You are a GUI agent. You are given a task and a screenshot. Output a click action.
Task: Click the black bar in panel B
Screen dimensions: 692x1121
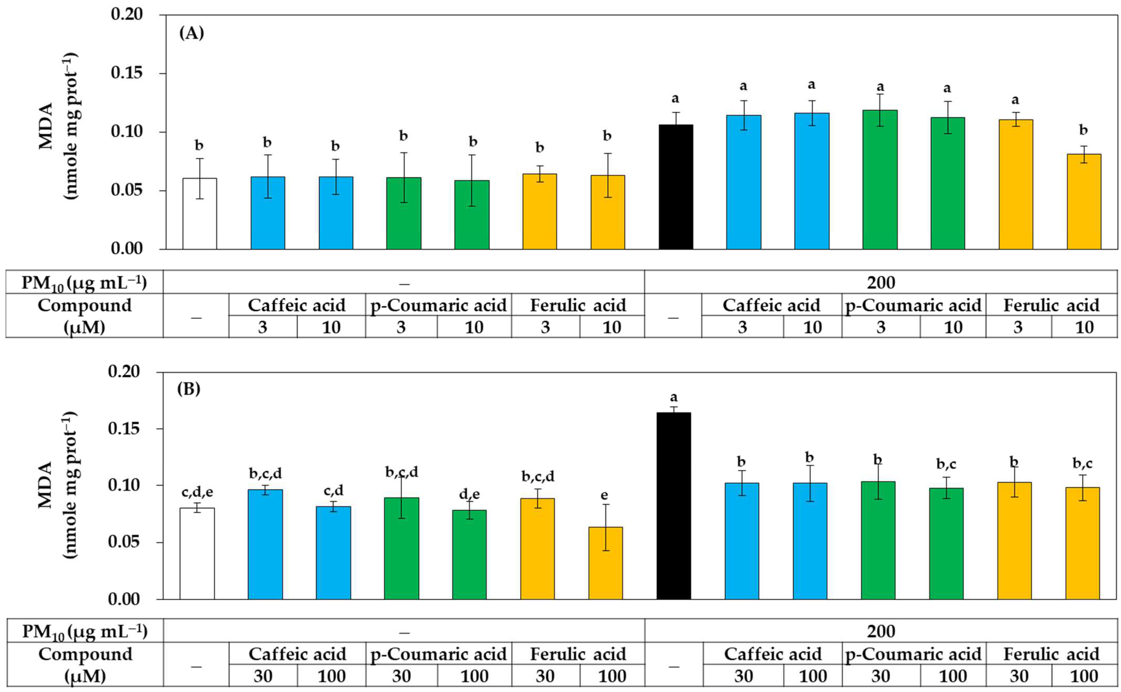tap(673, 506)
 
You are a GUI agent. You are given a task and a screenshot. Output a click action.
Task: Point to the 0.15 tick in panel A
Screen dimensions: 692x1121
tap(126, 73)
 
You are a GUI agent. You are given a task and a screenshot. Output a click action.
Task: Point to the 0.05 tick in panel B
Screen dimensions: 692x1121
tap(124, 542)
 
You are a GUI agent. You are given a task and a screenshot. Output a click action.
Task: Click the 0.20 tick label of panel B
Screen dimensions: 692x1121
tap(124, 371)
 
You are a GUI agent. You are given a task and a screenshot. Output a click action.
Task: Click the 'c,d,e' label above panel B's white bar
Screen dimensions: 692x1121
tap(197, 492)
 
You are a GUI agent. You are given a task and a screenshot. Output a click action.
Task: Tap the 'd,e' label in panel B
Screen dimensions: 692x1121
tap(469, 494)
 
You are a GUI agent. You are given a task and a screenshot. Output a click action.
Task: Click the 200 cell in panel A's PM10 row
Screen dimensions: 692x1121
tap(881, 282)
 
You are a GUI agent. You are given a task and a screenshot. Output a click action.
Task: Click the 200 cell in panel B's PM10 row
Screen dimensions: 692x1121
tap(881, 632)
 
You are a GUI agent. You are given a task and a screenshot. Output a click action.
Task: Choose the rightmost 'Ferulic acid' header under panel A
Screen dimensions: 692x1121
tap(1051, 305)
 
